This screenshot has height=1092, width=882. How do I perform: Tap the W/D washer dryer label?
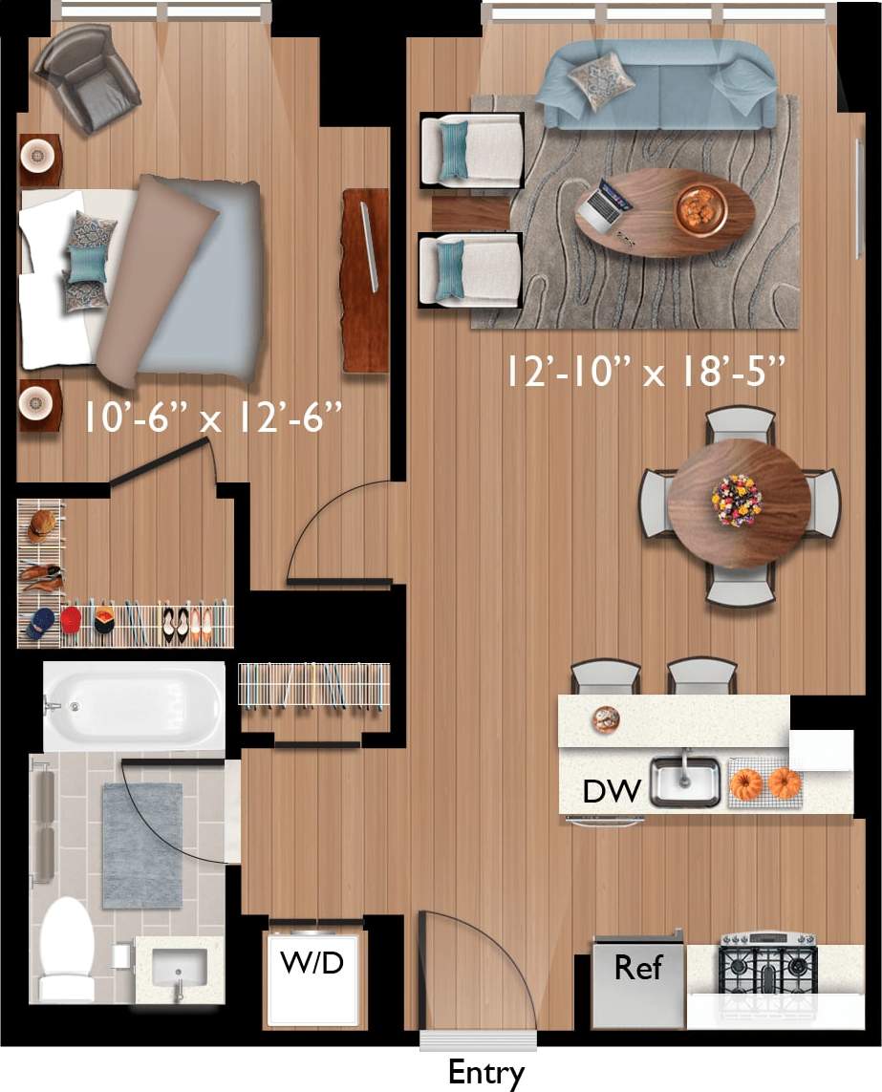312,962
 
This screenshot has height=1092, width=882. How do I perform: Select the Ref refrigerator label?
637,967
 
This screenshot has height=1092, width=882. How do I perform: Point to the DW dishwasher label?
611,791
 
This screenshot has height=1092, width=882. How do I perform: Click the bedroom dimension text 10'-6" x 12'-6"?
212,418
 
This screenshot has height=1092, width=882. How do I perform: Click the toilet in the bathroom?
67,951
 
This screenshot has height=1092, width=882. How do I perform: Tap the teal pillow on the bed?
87,264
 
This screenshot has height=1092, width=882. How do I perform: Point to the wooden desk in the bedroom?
365,279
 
